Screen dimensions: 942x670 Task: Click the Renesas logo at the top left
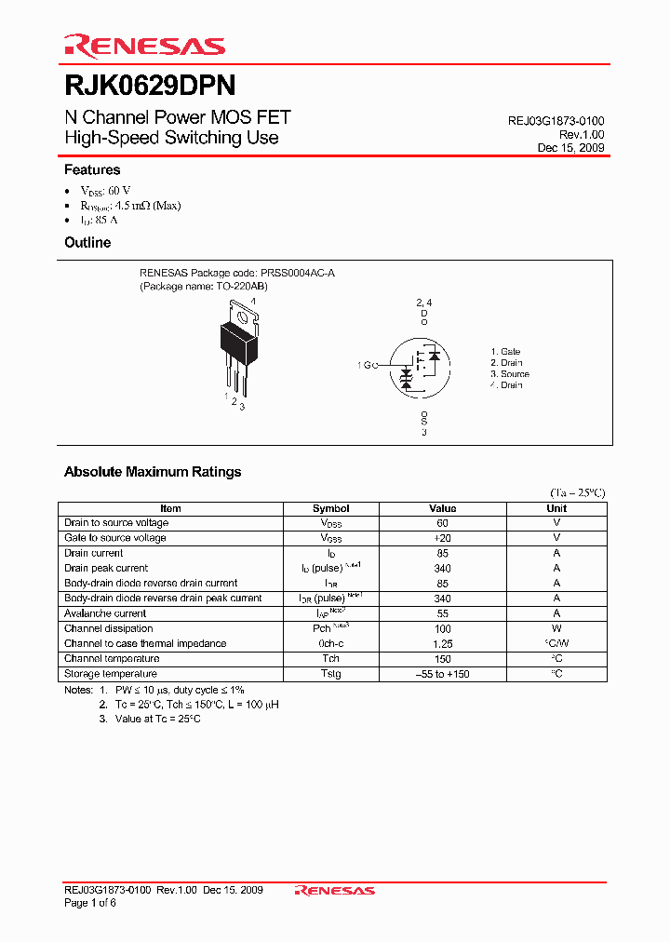143,45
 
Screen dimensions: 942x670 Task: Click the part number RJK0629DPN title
149,86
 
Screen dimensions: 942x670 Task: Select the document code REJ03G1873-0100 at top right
556,122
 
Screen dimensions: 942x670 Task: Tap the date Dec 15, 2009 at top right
570,148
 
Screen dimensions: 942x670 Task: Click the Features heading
92,170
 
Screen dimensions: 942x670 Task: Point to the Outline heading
87,243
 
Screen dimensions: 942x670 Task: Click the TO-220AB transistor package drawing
242,349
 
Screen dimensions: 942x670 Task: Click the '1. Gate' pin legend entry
506,352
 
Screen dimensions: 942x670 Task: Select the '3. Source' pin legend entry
510,374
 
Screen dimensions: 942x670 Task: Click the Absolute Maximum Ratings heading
153,472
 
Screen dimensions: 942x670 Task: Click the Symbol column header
330,508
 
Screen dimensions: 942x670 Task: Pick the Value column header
442,508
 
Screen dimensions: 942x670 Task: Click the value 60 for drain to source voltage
442,523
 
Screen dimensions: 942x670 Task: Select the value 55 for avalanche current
442,613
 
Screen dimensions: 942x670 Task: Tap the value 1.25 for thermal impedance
442,643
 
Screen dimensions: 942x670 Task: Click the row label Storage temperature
111,674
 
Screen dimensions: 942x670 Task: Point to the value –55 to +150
442,674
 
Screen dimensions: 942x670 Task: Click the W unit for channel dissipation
556,628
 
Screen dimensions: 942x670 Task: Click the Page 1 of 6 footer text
90,904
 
